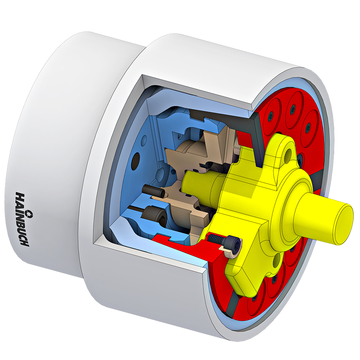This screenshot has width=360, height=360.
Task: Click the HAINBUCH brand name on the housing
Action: point(22,219)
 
